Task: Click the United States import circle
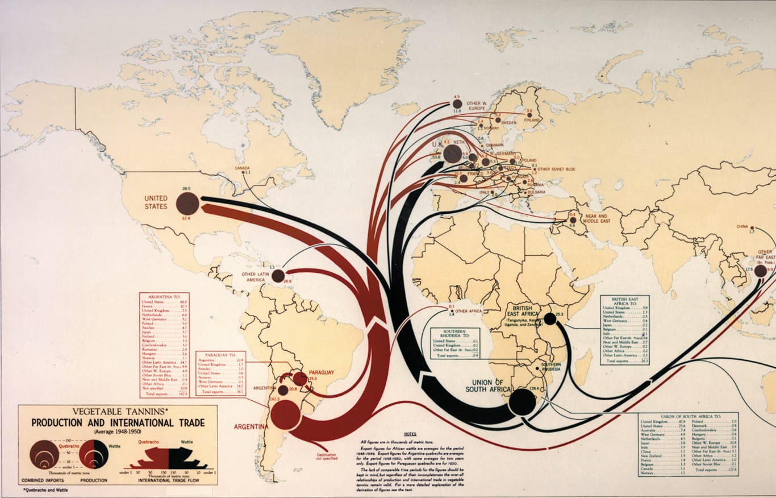click(187, 204)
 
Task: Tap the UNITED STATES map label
click(156, 202)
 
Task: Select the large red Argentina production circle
click(285, 414)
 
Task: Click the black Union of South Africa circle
click(522, 402)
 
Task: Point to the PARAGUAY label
click(321, 372)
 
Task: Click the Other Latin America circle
click(278, 276)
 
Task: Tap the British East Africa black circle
click(549, 319)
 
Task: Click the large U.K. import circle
click(453, 153)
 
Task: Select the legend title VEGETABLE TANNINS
click(118, 412)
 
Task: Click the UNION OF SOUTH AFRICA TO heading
click(688, 417)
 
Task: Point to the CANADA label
click(243, 168)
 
